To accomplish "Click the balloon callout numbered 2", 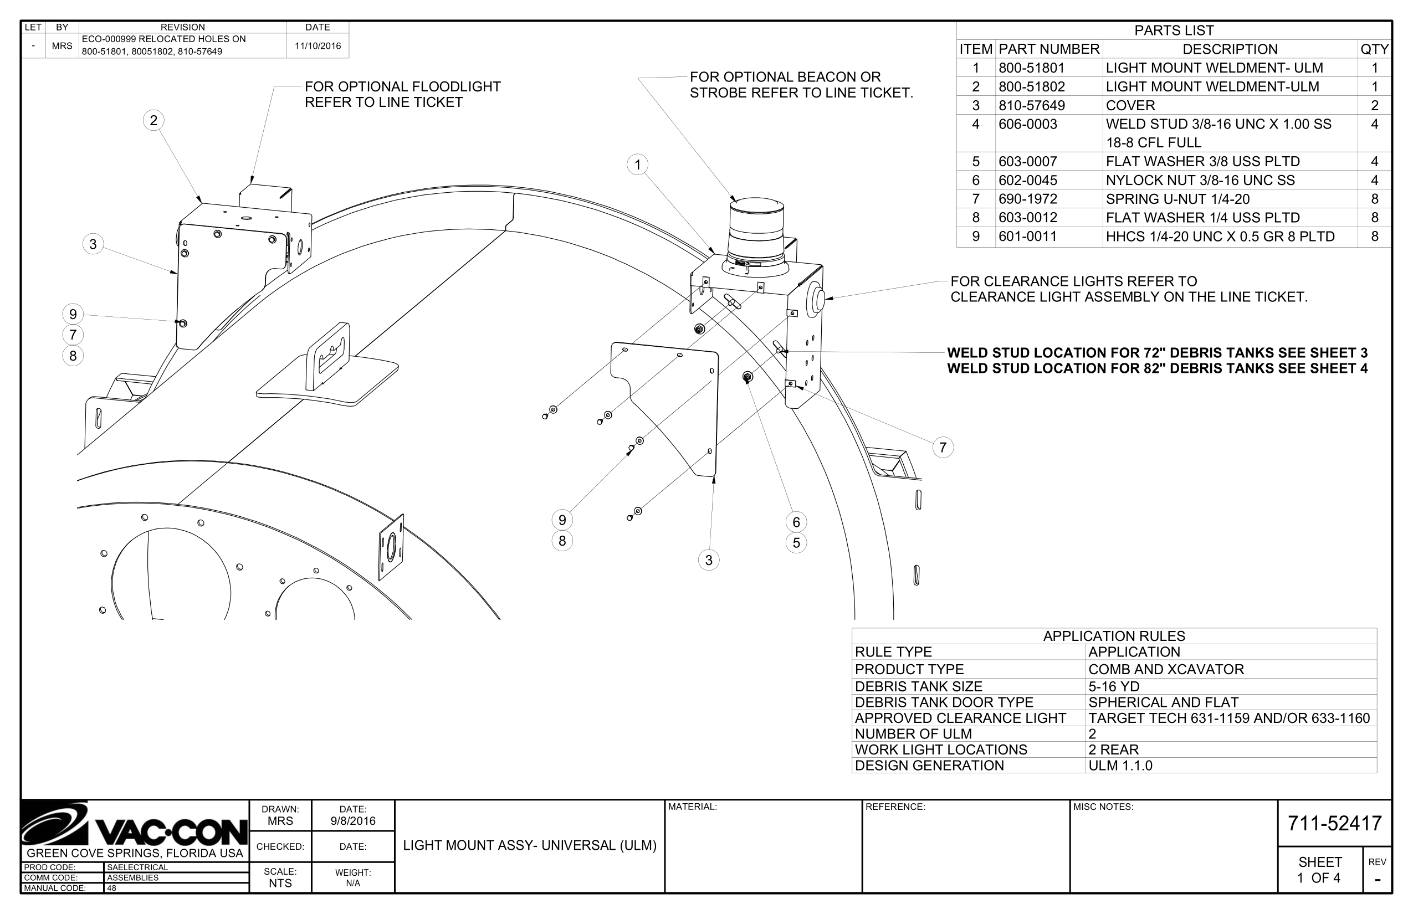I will [x=154, y=121].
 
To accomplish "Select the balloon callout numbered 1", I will [x=638, y=165].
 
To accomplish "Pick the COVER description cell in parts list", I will [x=1130, y=106].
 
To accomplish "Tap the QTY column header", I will [x=1374, y=49].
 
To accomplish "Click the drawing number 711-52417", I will [x=1335, y=823].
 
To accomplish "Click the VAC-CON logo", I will [x=134, y=826].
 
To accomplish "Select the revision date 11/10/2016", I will [x=318, y=45].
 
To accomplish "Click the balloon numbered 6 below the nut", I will [x=796, y=522].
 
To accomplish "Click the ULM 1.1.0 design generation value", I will [x=1120, y=766].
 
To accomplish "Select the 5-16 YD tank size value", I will [x=1113, y=687].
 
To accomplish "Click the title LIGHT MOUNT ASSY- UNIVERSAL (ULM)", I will [x=530, y=845].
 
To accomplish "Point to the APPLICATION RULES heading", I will [x=1114, y=636].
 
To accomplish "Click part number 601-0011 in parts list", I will [x=1028, y=236].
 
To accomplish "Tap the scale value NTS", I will [x=280, y=882].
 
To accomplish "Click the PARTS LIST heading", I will [x=1174, y=30].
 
